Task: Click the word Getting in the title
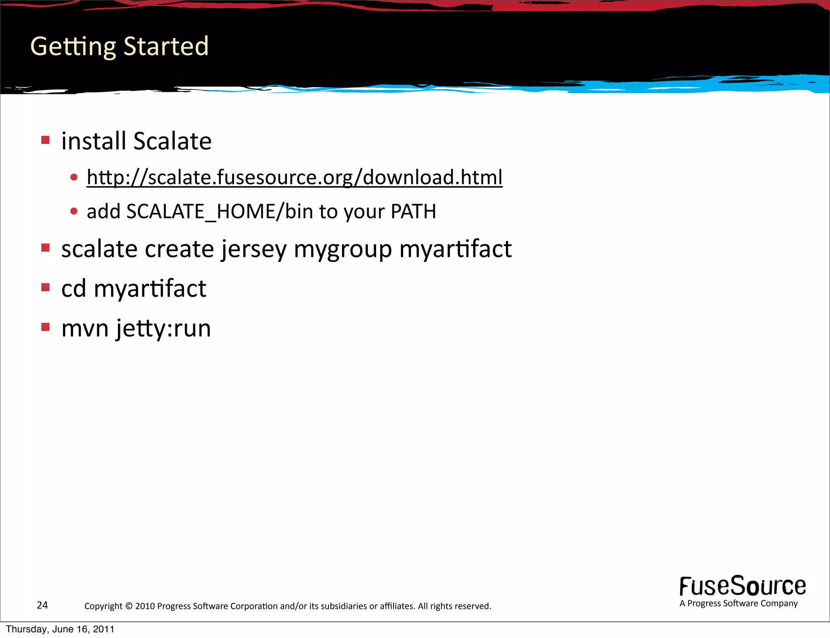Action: (x=73, y=47)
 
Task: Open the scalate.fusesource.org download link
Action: (x=294, y=177)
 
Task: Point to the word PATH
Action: (x=413, y=211)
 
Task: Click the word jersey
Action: (x=254, y=249)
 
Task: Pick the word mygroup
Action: (x=342, y=249)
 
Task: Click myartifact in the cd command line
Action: (x=150, y=288)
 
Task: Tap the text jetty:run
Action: (x=163, y=328)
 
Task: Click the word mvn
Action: (x=85, y=328)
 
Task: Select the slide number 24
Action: (x=42, y=605)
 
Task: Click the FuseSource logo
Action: (x=742, y=586)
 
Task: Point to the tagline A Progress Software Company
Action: (x=738, y=603)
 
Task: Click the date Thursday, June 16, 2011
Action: (x=60, y=629)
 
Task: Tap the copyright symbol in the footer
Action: (x=129, y=606)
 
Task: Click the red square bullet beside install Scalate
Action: (x=45, y=140)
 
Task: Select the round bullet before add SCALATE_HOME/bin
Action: (x=74, y=211)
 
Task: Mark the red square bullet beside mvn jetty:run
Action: (x=45, y=327)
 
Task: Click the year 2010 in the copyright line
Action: (x=145, y=606)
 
